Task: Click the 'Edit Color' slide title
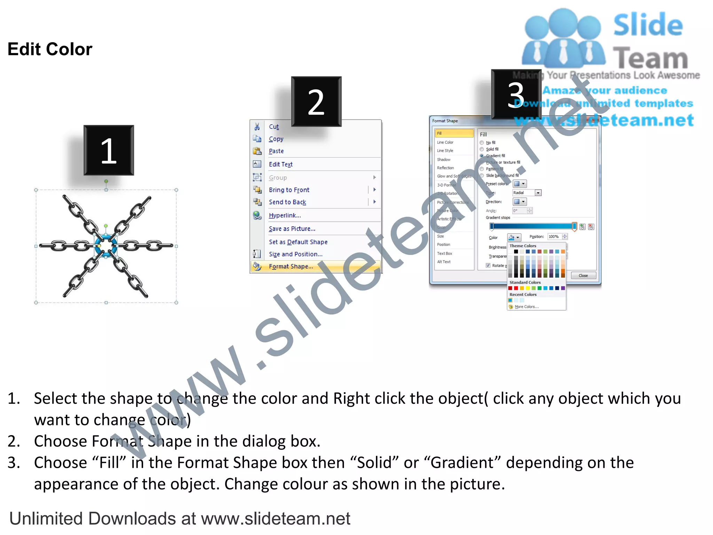click(50, 49)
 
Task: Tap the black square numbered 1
click(109, 150)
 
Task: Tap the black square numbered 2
click(316, 101)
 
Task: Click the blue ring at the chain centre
click(106, 246)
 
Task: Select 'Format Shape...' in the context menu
click(291, 266)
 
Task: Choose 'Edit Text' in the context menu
click(281, 164)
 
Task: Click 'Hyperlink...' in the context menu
click(285, 216)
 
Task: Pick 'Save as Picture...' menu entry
click(292, 229)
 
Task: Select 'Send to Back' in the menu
click(287, 202)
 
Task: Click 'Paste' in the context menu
click(276, 151)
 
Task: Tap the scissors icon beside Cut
click(257, 126)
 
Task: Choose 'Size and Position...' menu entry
click(295, 254)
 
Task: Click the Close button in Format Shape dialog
click(583, 276)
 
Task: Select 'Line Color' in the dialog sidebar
click(445, 142)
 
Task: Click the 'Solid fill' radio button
click(482, 149)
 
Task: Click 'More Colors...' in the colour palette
click(526, 307)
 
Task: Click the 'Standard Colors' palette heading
click(525, 282)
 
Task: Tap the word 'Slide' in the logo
click(648, 25)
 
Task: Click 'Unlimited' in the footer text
click(48, 519)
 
